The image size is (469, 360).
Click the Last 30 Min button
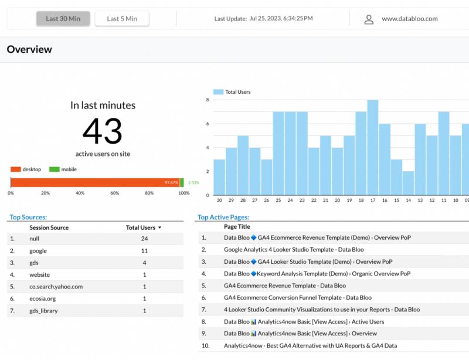[63, 19]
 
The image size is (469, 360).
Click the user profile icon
[369, 19]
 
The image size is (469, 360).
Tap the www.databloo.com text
[409, 19]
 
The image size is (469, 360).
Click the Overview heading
[29, 50]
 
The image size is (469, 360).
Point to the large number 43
[102, 131]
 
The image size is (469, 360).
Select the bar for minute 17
[372, 148]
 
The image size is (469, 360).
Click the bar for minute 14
[408, 183]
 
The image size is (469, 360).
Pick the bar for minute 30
[219, 177]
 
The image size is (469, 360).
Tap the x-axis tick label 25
[278, 201]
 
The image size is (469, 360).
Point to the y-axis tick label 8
[208, 100]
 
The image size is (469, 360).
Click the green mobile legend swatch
[54, 169]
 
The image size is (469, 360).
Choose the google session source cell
[38, 251]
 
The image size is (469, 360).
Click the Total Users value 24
[144, 239]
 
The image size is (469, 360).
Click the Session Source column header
[49, 227]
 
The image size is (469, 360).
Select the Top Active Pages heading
[223, 218]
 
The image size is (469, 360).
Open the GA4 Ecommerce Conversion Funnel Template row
[298, 298]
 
